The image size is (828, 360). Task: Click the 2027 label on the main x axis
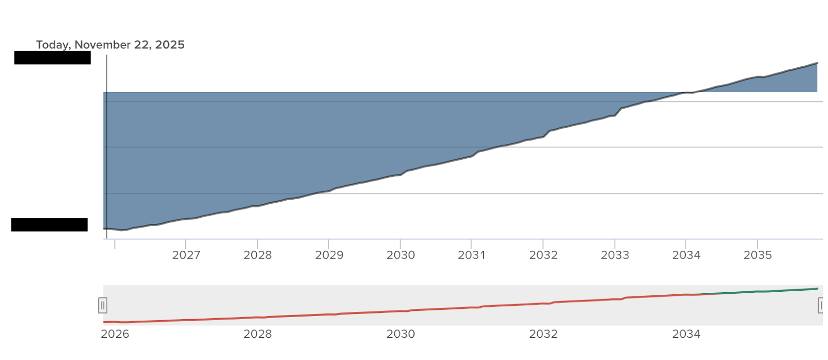click(186, 255)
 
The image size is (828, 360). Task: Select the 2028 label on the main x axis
click(258, 255)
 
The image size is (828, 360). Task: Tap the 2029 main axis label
click(329, 255)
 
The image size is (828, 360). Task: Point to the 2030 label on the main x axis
click(401, 255)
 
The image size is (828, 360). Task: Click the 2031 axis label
click(471, 255)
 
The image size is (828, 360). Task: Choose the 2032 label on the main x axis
click(543, 255)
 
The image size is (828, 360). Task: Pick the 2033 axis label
click(615, 255)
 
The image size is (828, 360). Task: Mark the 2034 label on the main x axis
click(686, 255)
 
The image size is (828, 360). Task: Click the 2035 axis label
click(758, 255)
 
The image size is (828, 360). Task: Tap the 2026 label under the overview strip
click(115, 334)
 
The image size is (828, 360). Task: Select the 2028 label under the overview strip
click(258, 334)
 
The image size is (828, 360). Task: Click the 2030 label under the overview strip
click(401, 334)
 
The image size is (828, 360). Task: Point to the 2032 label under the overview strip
click(543, 334)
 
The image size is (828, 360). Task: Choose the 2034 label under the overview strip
click(686, 334)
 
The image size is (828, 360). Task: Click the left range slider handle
click(102, 306)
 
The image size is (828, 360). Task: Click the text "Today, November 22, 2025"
click(110, 45)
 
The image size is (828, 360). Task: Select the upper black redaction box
click(52, 58)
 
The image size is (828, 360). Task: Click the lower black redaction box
click(49, 225)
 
